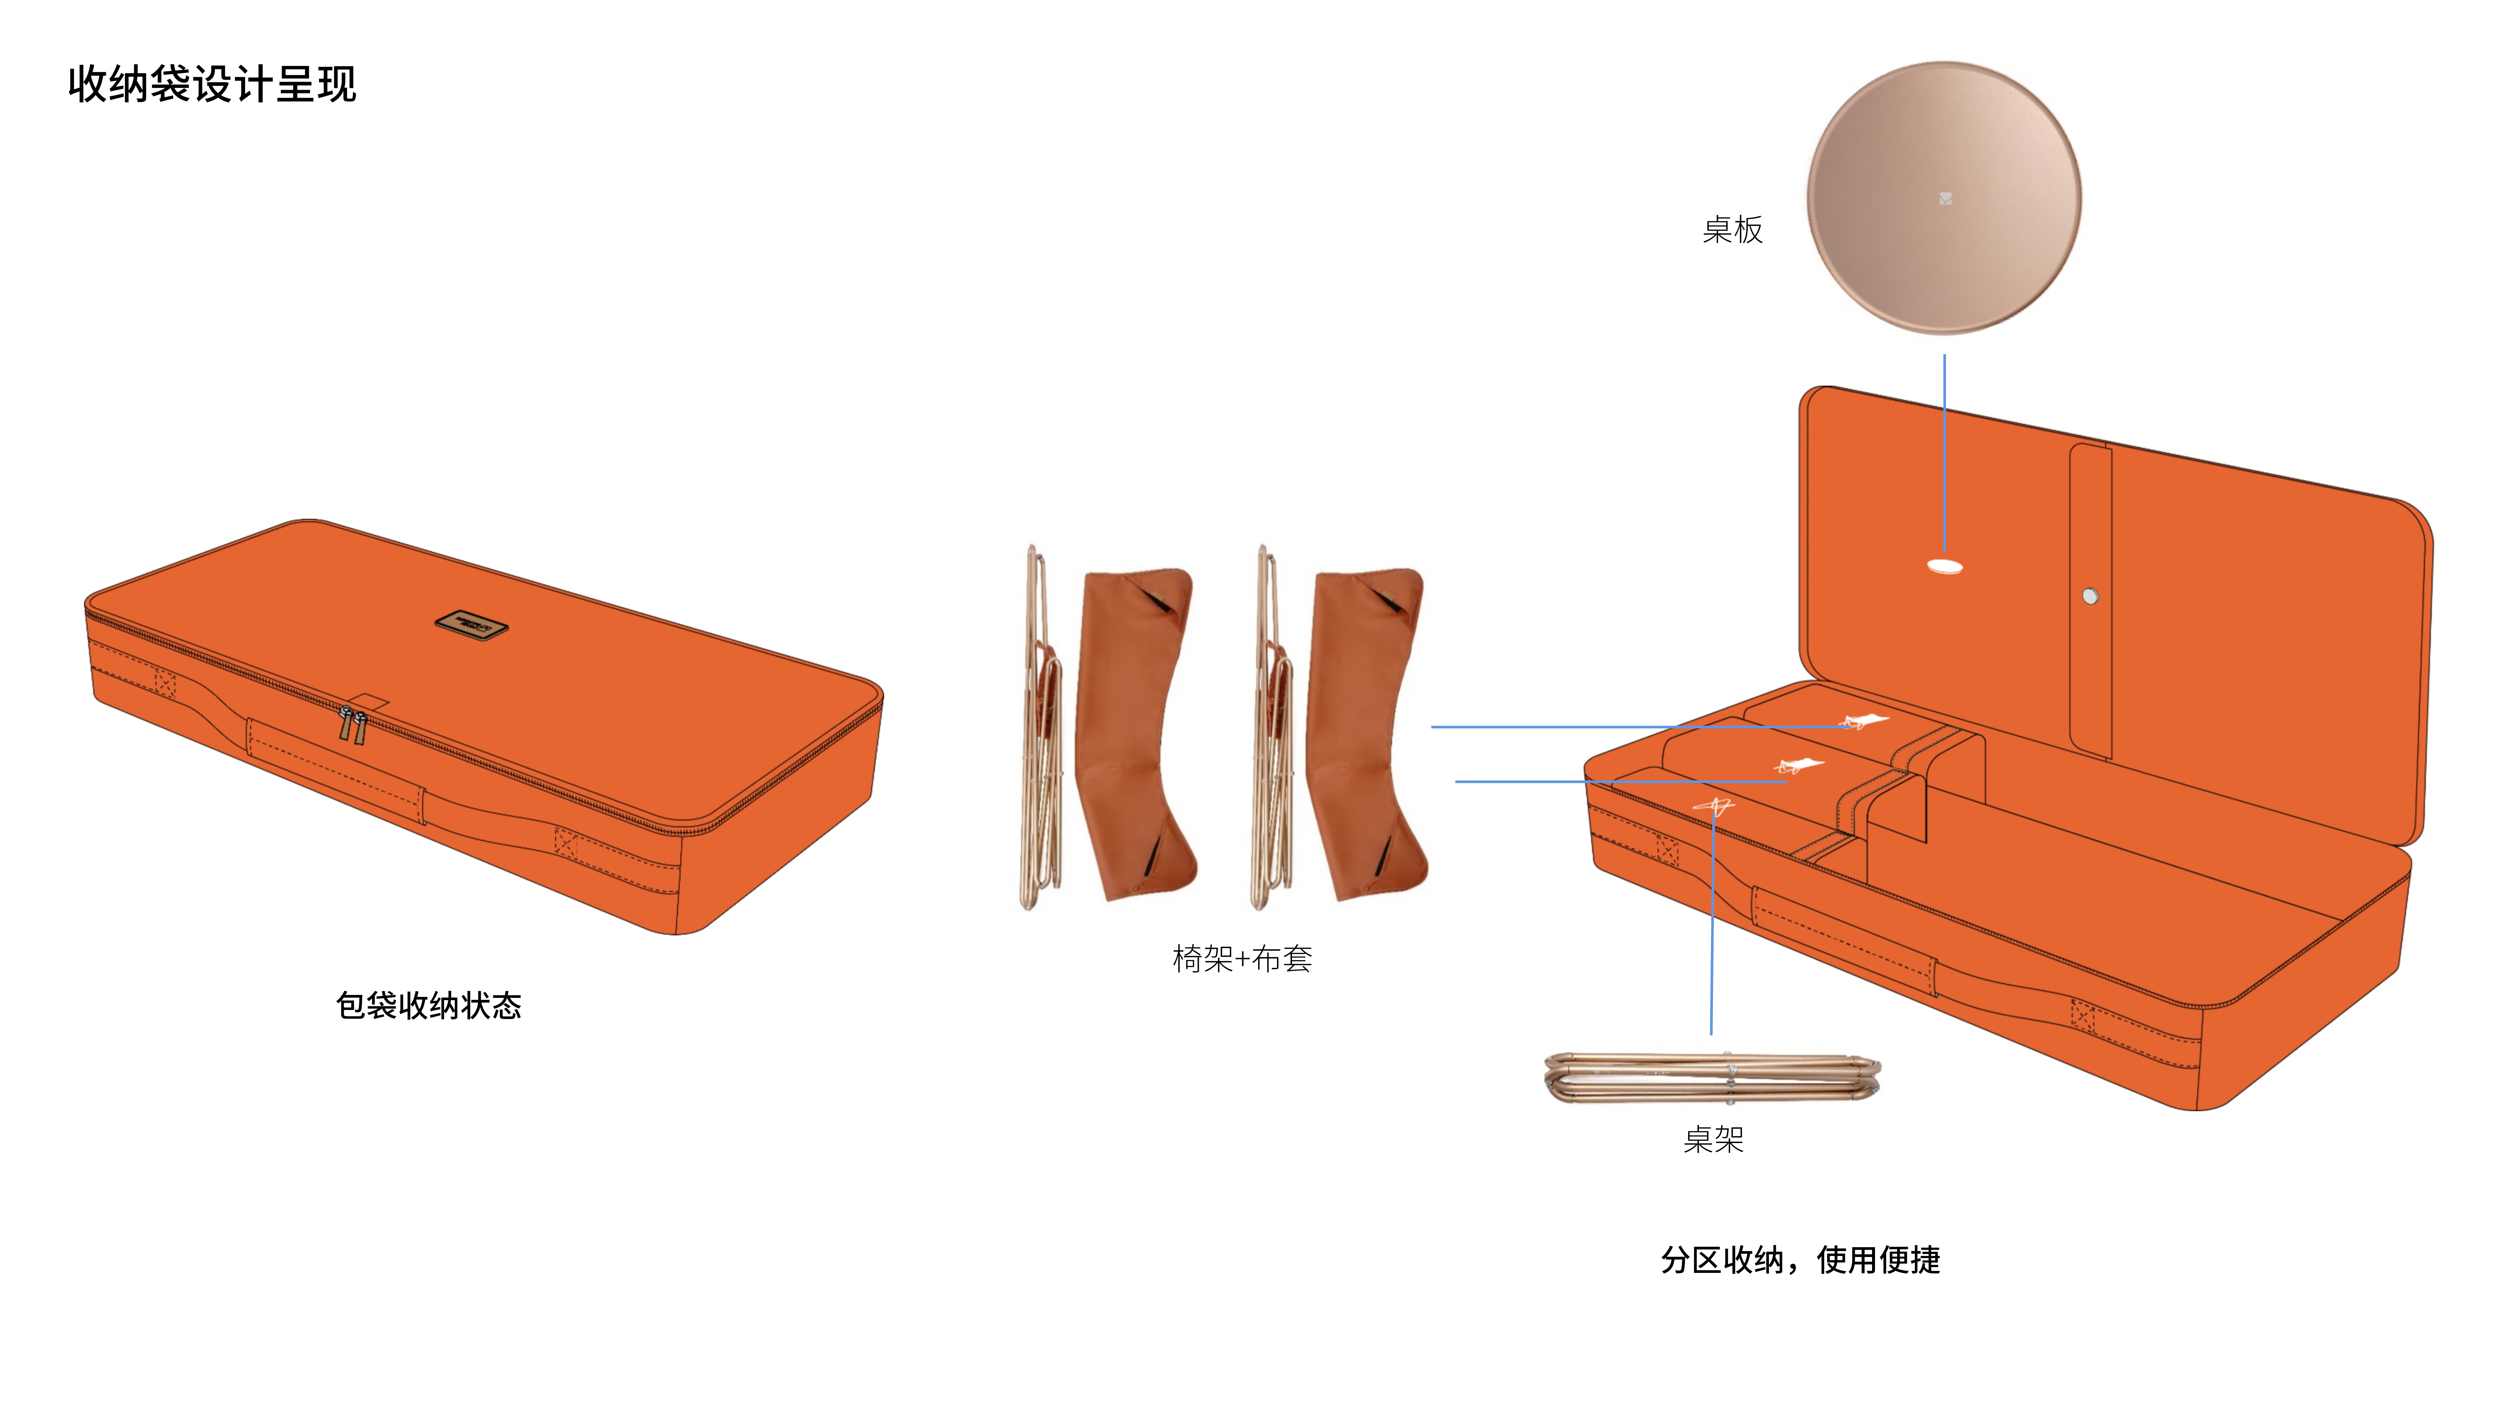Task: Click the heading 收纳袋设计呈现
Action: tap(212, 84)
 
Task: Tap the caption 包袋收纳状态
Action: tap(428, 1005)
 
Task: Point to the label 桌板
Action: tap(1732, 230)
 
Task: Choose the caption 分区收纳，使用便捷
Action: tap(1800, 1260)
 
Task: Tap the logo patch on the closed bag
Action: tap(471, 624)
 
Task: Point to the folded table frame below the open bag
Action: tap(1713, 1077)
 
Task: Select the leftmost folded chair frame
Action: tap(1040, 728)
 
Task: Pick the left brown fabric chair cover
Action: tap(1135, 733)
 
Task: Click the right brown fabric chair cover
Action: tap(1367, 733)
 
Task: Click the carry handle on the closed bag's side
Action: tap(335, 771)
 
